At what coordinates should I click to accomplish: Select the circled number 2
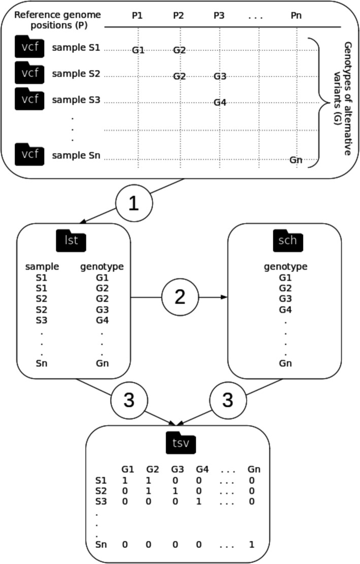[x=180, y=297]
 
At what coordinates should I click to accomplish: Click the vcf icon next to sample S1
[x=30, y=47]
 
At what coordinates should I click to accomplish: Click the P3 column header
[x=219, y=16]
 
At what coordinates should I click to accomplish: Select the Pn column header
[x=296, y=16]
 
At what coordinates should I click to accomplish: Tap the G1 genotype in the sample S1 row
[x=138, y=50]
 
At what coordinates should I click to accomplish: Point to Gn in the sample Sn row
[x=296, y=160]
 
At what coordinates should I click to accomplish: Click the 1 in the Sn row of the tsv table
[x=250, y=544]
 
